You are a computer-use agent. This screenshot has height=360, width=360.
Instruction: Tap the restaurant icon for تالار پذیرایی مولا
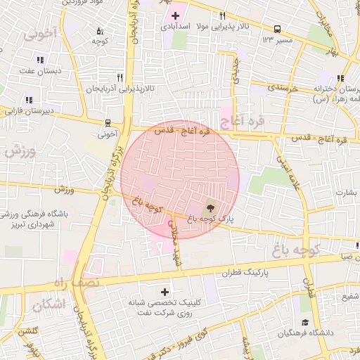click(x=222, y=15)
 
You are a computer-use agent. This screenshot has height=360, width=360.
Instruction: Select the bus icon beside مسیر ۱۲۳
click(x=278, y=30)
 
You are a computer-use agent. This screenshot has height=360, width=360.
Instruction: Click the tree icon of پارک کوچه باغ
click(x=210, y=208)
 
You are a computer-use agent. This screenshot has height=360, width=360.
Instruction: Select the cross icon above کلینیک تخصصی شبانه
click(x=165, y=291)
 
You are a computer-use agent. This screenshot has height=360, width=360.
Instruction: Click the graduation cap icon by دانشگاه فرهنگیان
click(x=304, y=322)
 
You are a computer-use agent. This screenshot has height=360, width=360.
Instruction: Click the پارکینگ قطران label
click(x=246, y=272)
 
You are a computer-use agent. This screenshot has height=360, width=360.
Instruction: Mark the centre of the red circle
click(x=179, y=180)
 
